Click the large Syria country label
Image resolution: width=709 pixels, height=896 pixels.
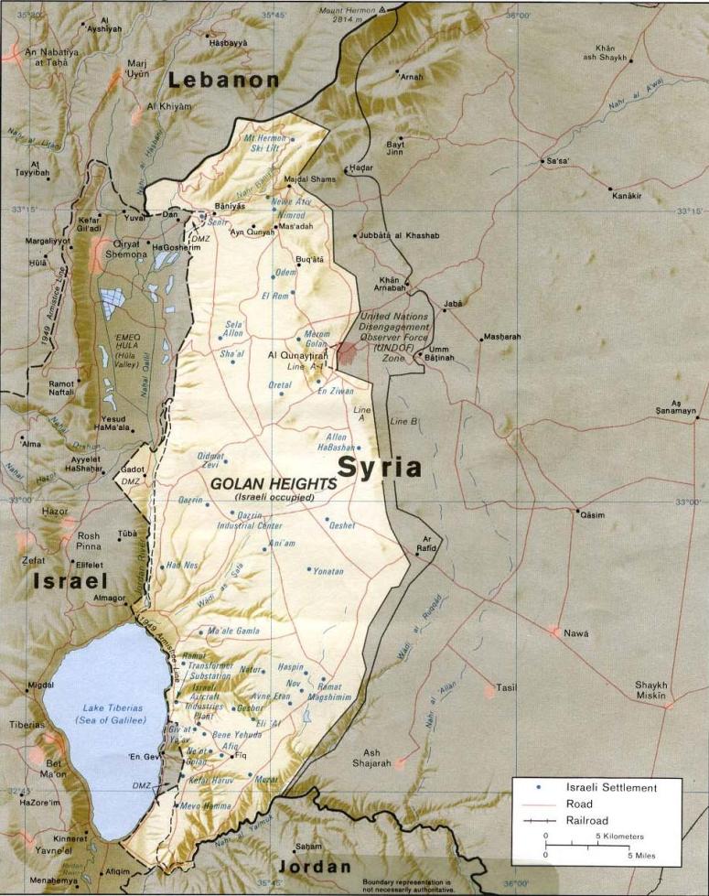click(380, 468)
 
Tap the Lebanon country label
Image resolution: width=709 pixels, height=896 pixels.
click(223, 80)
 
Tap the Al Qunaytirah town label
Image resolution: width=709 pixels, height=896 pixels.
click(296, 354)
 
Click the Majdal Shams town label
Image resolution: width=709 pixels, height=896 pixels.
click(310, 179)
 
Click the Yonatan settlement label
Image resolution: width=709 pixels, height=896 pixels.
click(328, 571)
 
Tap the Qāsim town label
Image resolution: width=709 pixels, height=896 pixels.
click(591, 515)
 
